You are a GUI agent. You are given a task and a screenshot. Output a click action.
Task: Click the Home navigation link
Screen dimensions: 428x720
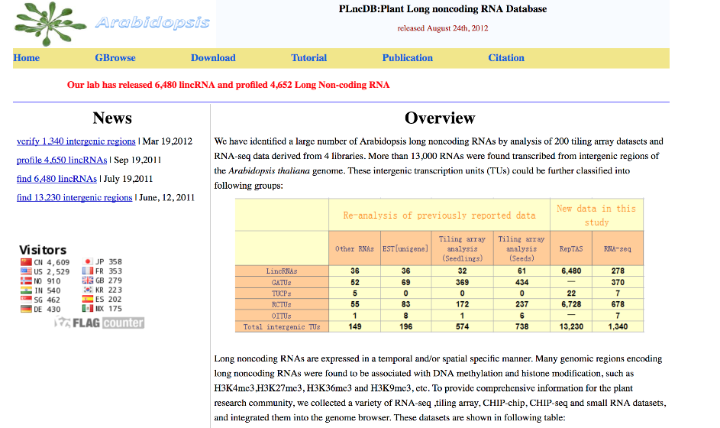pyautogui.click(x=26, y=57)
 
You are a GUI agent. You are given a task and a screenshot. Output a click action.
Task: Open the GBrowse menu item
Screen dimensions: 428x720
pyautogui.click(x=115, y=57)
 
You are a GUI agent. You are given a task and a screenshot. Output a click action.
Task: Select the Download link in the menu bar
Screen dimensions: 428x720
pyautogui.click(x=213, y=57)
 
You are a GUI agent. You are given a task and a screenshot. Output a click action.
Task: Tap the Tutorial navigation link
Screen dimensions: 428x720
pyautogui.click(x=308, y=57)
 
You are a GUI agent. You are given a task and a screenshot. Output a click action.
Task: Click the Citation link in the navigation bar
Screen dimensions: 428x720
pyautogui.click(x=506, y=57)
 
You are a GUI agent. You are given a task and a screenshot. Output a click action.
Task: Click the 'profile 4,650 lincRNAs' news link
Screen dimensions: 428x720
pyautogui.click(x=62, y=160)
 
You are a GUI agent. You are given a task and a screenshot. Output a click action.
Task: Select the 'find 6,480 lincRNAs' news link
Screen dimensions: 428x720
pyautogui.click(x=57, y=179)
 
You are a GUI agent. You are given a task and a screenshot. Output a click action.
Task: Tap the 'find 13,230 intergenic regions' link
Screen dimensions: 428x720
pyautogui.click(x=75, y=197)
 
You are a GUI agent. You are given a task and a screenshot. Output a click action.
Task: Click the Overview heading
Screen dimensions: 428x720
pyautogui.click(x=440, y=118)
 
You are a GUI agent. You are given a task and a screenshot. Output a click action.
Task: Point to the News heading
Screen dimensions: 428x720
pyautogui.click(x=112, y=118)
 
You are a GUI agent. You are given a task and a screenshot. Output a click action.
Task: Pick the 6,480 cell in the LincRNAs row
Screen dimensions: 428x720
pyautogui.click(x=570, y=271)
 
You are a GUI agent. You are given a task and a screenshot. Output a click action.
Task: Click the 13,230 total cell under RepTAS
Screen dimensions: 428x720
pyautogui.click(x=570, y=326)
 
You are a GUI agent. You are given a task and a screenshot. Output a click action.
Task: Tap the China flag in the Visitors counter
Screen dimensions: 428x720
pyautogui.click(x=27, y=261)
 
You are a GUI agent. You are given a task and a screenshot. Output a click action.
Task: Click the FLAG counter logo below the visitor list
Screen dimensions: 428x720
pyautogui.click(x=99, y=323)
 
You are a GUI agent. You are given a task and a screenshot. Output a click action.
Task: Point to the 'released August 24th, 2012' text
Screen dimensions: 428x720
pyautogui.click(x=442, y=28)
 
